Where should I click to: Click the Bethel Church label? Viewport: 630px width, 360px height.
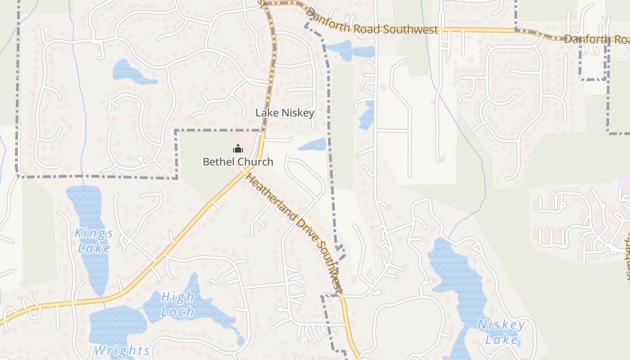pos(238,162)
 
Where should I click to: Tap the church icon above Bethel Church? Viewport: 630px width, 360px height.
pos(238,148)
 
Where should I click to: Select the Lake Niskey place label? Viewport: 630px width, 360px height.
pos(284,113)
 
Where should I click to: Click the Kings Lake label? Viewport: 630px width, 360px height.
pos(94,241)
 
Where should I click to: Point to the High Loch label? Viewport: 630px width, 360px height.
pos(178,304)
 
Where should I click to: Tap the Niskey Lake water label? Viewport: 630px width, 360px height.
pos(501,332)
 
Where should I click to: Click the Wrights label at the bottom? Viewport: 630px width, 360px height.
pos(122,350)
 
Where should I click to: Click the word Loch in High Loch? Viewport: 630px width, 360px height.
pos(178,311)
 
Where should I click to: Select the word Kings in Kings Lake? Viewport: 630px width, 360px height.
pos(94,234)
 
